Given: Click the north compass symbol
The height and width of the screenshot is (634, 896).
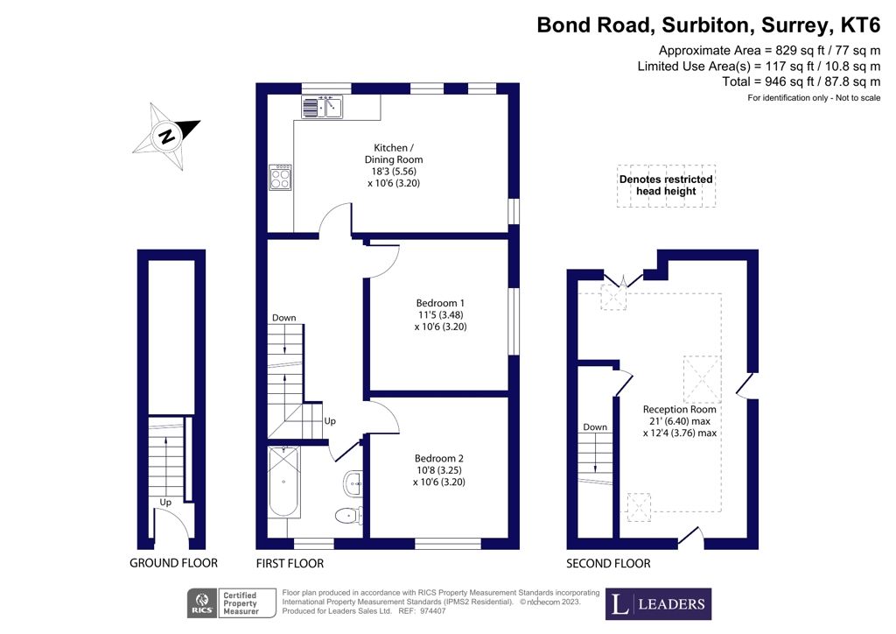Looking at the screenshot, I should pyautogui.click(x=165, y=136).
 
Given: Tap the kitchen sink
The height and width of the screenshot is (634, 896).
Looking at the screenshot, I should pyautogui.click(x=322, y=107).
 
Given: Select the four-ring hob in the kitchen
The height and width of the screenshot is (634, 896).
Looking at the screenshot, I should pyautogui.click(x=281, y=178).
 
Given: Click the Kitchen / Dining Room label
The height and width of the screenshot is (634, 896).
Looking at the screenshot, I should pyautogui.click(x=393, y=153).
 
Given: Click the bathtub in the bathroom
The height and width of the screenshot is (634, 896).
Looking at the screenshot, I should pyautogui.click(x=283, y=483).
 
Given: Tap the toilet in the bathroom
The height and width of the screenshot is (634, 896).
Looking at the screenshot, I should pyautogui.click(x=351, y=514).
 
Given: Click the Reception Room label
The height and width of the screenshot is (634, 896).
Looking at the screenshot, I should pyautogui.click(x=679, y=409).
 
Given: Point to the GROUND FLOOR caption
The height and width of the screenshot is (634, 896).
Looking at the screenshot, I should pyautogui.click(x=173, y=563).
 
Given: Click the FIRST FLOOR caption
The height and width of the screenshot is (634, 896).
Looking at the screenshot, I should pyautogui.click(x=290, y=563).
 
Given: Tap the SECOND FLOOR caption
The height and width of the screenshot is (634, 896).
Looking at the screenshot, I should pyautogui.click(x=608, y=563).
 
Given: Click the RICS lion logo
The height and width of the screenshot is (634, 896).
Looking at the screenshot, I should pyautogui.click(x=203, y=602).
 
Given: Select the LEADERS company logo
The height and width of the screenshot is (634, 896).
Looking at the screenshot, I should pyautogui.click(x=658, y=603).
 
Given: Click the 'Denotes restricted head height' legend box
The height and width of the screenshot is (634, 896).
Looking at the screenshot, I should pyautogui.click(x=666, y=185).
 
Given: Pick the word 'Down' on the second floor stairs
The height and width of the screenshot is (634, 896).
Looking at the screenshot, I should pyautogui.click(x=595, y=427).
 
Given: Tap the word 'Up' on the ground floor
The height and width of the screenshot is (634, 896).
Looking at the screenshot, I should pyautogui.click(x=165, y=503).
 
